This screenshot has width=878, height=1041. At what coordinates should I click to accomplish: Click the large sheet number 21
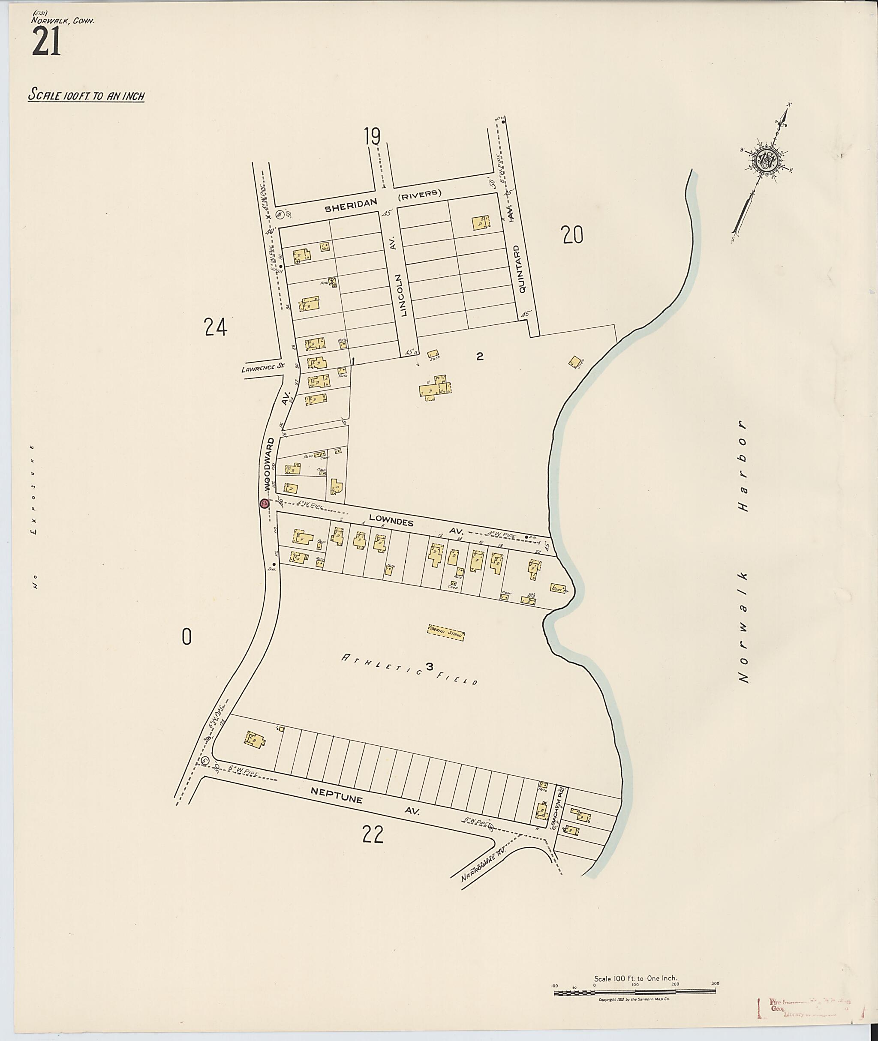46,42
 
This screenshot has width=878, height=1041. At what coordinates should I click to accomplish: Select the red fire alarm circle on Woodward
264,504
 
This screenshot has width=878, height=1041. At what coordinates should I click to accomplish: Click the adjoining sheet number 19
372,136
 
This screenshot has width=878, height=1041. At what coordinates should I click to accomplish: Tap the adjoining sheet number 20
572,235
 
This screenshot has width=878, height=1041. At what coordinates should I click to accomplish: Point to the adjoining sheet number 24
216,327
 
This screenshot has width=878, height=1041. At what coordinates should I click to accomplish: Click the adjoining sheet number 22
373,835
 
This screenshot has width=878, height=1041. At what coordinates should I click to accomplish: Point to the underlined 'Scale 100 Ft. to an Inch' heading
86,95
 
